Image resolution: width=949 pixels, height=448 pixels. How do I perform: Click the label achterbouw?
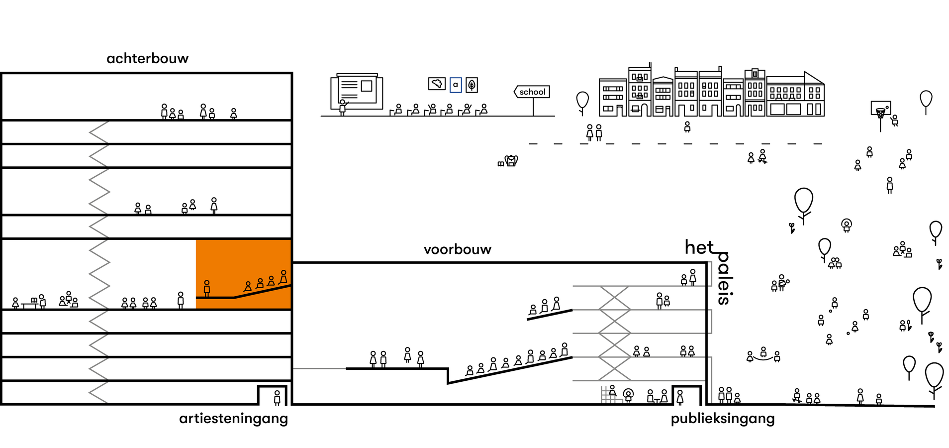tap(147, 59)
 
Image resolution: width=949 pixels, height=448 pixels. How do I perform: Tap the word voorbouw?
tap(457, 250)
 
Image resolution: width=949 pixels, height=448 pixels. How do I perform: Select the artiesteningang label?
tap(233, 419)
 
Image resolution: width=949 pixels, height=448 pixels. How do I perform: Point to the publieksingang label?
tap(722, 419)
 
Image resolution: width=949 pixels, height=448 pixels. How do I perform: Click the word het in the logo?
tap(699, 247)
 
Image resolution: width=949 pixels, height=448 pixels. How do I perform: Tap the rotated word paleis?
tap(724, 279)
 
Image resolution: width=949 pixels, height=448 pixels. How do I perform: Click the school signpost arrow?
tap(532, 92)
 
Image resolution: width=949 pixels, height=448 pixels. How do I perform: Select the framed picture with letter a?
tap(455, 85)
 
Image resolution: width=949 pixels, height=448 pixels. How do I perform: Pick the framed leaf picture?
tap(472, 85)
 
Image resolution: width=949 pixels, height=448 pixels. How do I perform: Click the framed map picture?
tap(437, 84)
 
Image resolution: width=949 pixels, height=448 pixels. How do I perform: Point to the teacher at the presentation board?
tap(342, 107)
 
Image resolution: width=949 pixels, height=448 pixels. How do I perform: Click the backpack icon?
tap(511, 161)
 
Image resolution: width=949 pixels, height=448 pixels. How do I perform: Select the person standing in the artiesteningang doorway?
tap(277, 397)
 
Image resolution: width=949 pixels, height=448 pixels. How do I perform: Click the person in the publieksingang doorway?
tap(680, 397)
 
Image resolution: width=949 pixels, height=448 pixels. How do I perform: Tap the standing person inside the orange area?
tap(207, 288)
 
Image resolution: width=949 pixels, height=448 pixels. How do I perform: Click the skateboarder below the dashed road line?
tap(762, 156)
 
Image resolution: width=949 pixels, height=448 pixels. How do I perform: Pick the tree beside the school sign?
tap(582, 102)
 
